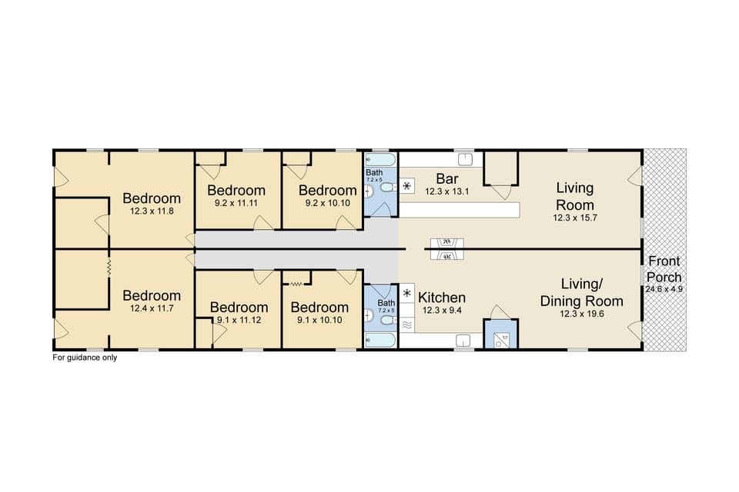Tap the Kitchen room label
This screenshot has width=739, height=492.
coord(441,298)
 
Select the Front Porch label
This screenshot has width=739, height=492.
coord(663,269)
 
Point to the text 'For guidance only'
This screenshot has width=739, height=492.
coord(85,357)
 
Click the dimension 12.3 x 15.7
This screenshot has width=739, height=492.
coord(574,218)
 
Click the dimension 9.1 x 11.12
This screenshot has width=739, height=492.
coord(239,321)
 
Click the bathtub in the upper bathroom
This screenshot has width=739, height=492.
coord(380,160)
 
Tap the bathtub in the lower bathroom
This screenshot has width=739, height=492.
coord(380,339)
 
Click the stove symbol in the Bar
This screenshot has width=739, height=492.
coord(406,186)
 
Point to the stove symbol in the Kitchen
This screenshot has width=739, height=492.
coord(406,294)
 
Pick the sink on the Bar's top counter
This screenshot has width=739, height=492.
coord(465,159)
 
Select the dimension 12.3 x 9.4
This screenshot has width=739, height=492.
coord(441,311)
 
